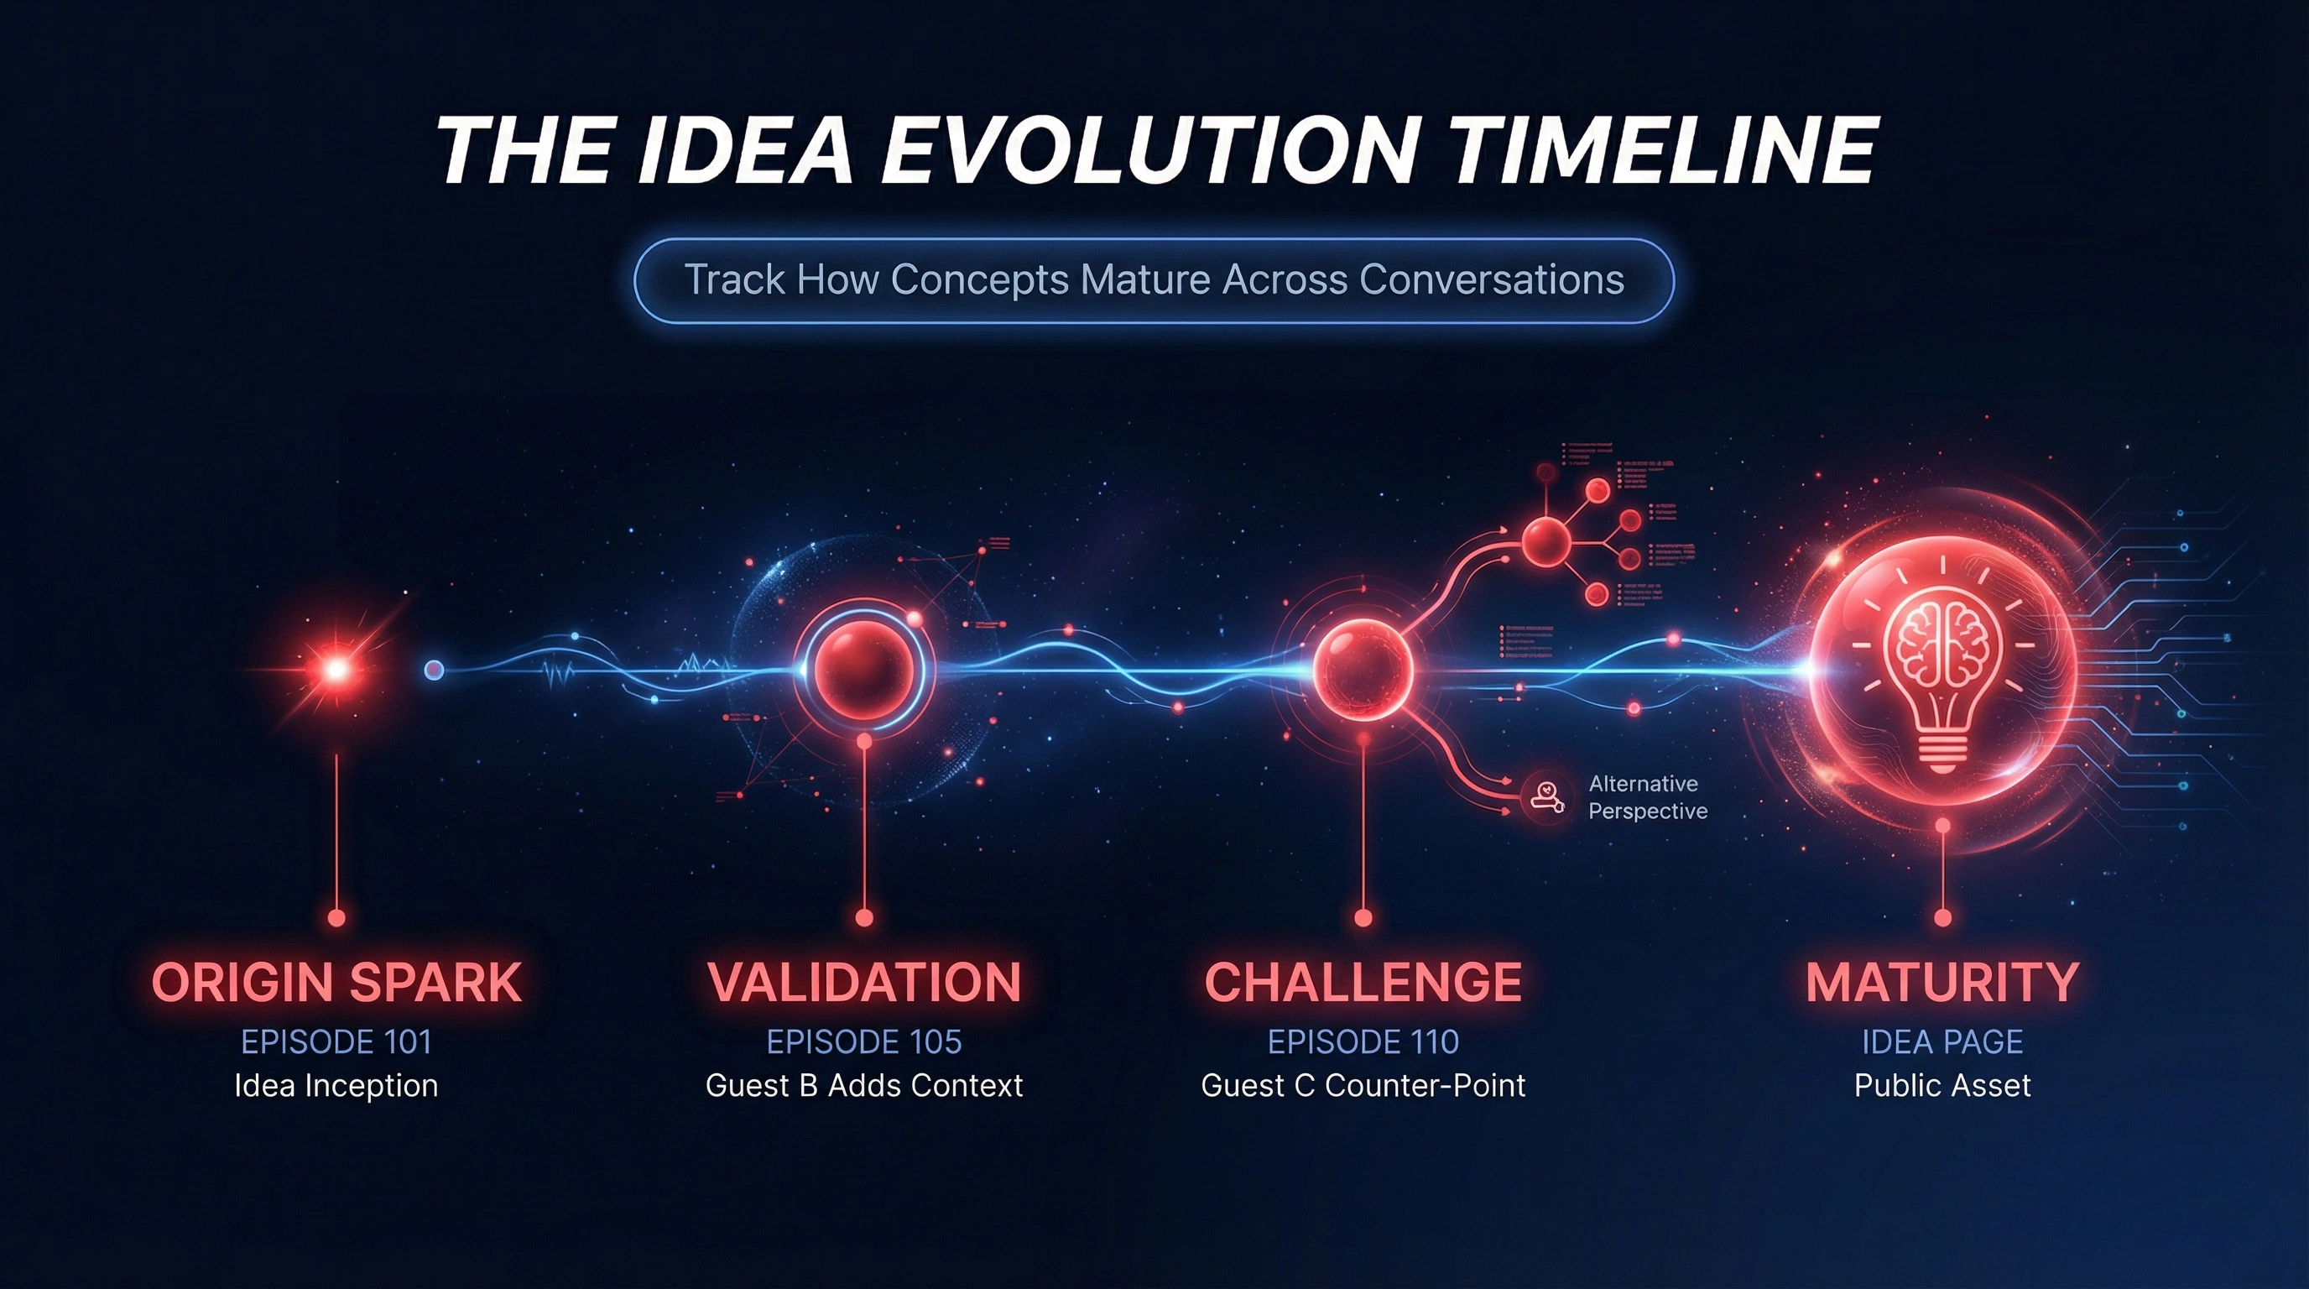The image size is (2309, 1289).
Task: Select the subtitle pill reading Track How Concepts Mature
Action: point(1154,279)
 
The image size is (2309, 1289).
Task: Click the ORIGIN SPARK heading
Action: point(336,983)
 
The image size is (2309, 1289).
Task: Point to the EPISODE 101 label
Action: point(336,1041)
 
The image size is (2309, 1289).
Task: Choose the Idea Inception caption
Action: point(336,1086)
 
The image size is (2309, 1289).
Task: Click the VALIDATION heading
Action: point(864,983)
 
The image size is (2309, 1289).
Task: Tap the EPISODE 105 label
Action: point(864,1041)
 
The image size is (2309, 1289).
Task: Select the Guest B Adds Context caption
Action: point(864,1086)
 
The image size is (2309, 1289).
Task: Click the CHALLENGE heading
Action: point(1363,983)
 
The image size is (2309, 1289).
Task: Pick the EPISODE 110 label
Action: point(1363,1041)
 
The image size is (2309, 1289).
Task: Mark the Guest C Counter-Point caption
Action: point(1363,1086)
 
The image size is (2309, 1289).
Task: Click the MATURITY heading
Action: point(1942,983)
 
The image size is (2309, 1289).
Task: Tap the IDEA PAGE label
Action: point(1942,1041)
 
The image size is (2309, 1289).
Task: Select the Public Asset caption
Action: point(1942,1086)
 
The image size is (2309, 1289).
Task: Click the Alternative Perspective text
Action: point(1648,797)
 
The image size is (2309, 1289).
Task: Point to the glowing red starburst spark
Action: point(336,669)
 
